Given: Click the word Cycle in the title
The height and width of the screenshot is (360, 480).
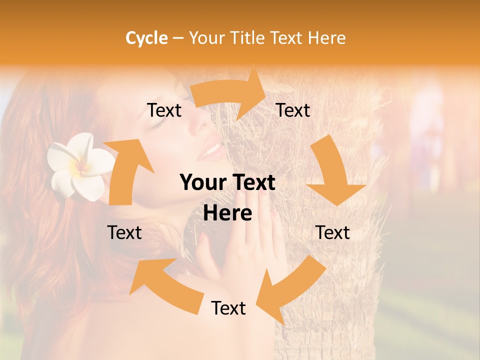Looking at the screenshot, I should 146,38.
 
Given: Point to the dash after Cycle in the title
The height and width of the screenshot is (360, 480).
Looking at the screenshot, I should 178,38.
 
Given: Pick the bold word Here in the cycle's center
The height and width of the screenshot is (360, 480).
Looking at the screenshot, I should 227,213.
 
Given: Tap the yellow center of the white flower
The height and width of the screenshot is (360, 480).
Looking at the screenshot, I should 80,167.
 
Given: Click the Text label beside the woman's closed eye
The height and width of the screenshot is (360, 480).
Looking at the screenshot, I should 164,110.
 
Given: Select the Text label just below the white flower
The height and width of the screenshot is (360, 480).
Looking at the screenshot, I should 125,232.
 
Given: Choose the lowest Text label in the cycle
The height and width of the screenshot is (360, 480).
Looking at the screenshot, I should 228,308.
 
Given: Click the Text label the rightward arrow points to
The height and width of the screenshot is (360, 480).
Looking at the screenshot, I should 293,110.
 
